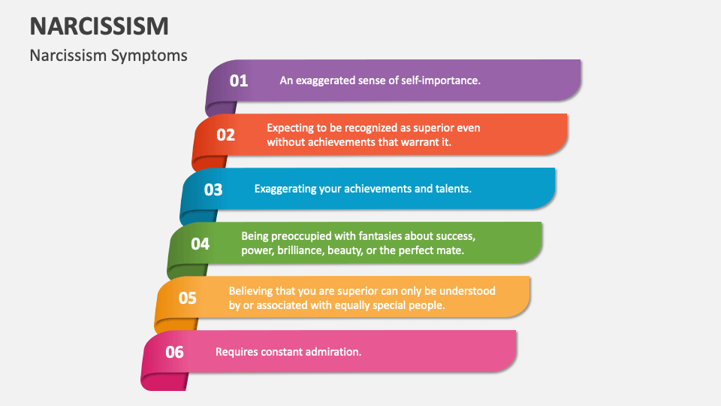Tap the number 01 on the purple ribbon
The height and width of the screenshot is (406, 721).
point(239,80)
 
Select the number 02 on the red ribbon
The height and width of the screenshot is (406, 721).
point(226,135)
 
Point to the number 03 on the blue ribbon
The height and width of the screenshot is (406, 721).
point(213,189)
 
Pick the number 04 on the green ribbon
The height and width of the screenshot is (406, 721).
point(201,244)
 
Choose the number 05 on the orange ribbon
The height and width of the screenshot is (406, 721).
point(188,298)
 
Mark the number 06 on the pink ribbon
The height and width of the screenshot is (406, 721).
point(174,352)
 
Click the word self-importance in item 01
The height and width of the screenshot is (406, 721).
point(438,80)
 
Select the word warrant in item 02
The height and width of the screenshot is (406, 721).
point(400,141)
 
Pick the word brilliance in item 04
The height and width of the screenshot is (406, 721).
point(299,250)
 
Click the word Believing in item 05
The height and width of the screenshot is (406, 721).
point(254,290)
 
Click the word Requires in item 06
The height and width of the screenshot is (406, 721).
point(237,351)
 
